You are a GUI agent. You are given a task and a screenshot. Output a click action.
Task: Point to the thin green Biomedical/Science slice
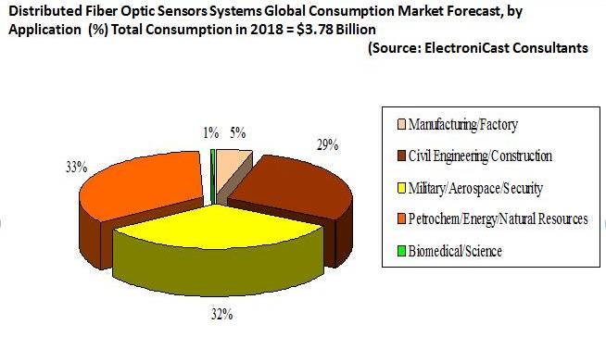click(x=213, y=161)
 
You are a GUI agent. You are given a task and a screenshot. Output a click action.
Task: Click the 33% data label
click(x=75, y=167)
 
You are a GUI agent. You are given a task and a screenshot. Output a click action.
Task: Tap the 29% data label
click(x=327, y=145)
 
